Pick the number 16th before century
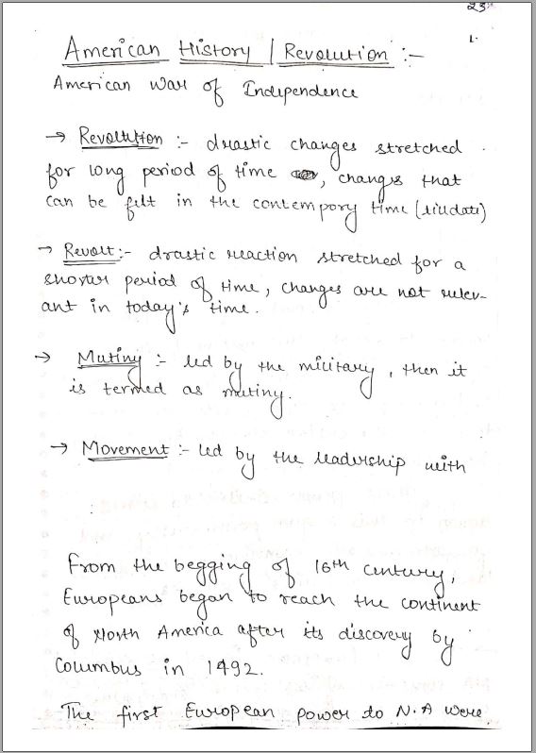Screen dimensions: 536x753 point(328,567)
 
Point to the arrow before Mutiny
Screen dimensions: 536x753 point(41,359)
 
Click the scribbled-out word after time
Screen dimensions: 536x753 point(303,174)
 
